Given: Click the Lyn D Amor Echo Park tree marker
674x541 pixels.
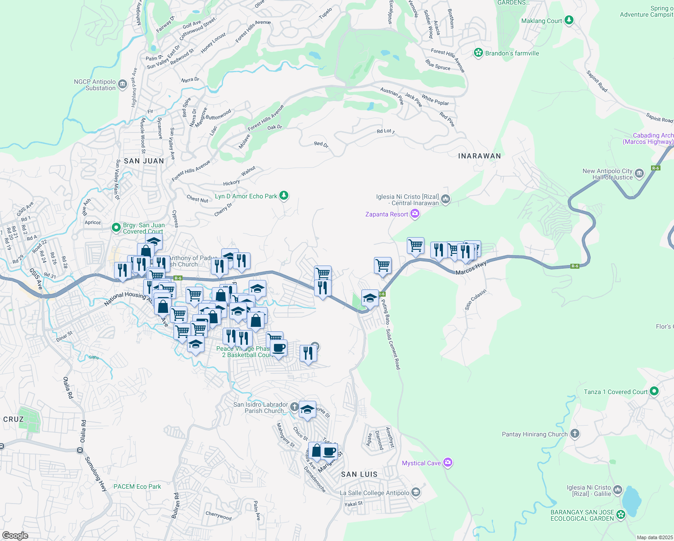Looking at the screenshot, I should [x=283, y=196].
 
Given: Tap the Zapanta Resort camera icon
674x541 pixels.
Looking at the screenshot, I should [x=415, y=214].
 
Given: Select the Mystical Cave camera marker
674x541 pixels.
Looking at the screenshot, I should [x=447, y=463].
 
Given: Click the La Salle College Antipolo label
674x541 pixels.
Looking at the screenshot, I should [x=374, y=493].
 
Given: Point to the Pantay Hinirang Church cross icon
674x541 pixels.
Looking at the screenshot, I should [x=574, y=434].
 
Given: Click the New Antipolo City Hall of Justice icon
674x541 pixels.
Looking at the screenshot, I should [x=639, y=173].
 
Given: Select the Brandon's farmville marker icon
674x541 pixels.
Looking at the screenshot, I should [x=478, y=53].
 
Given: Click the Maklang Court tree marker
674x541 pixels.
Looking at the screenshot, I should [x=569, y=20].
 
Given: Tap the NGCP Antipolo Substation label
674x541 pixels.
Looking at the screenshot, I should [x=95, y=85].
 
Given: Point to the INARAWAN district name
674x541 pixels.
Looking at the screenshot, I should [x=479, y=156].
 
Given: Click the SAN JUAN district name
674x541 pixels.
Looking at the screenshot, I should [x=144, y=161].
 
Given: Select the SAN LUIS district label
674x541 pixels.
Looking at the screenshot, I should [x=359, y=474].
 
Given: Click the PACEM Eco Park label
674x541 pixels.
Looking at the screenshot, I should [x=137, y=486].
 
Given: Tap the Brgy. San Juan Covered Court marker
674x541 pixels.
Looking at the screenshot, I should [x=116, y=227].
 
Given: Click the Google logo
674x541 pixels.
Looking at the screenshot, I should [x=15, y=535].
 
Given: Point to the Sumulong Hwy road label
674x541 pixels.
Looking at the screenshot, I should [x=96, y=473].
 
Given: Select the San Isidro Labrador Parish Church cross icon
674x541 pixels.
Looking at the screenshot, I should [x=294, y=407].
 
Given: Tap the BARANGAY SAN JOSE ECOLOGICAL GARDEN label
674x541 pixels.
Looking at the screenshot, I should [x=582, y=515].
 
